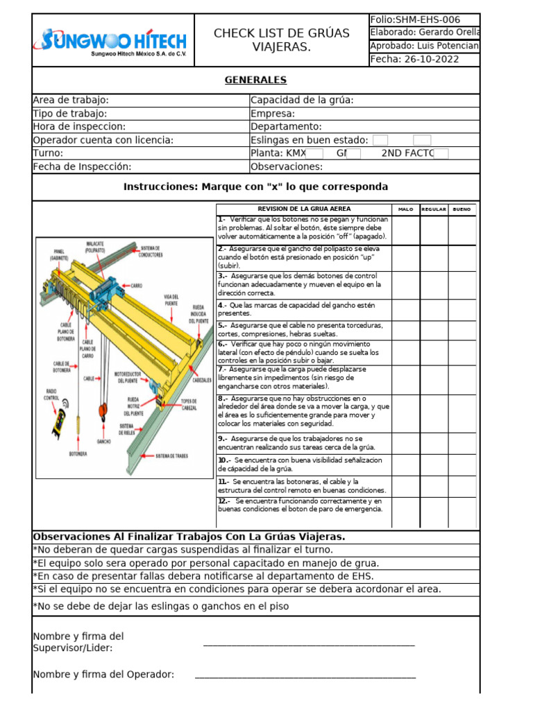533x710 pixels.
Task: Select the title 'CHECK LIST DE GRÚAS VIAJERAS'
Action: (281, 40)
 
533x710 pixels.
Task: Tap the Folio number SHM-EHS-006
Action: (415, 19)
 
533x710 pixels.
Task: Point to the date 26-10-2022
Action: (415, 60)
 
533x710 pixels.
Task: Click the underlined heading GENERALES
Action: (255, 80)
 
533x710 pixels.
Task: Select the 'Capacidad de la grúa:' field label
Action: (302, 100)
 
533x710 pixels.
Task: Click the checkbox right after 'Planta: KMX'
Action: (314, 153)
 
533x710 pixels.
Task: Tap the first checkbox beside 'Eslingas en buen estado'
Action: (380, 140)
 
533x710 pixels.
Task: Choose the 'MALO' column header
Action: (405, 209)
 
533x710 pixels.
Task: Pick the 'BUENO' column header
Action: (462, 209)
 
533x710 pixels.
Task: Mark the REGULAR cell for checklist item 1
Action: (434, 229)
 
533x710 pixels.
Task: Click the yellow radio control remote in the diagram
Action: (58, 418)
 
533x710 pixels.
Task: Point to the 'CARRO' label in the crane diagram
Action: (137, 285)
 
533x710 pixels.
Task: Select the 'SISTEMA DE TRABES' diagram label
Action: (172, 456)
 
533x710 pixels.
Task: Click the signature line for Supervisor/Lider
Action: (309, 643)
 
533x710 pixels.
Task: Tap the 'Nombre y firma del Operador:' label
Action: (103, 674)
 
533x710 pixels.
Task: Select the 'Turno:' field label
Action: (49, 153)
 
